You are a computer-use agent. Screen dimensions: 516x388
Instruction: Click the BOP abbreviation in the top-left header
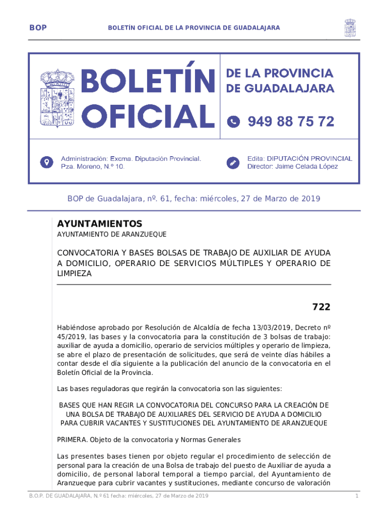(38, 28)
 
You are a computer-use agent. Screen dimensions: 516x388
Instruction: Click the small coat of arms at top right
(350, 28)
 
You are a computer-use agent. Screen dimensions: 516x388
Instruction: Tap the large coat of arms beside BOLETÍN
(57, 98)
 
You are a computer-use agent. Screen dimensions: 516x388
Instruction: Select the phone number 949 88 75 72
(291, 121)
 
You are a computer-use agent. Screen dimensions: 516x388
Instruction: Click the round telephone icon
(233, 121)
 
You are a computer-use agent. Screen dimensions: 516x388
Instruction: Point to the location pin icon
(47, 162)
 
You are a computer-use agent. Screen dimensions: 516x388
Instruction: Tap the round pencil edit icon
(233, 162)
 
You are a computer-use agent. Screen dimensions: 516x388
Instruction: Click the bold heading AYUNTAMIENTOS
(99, 224)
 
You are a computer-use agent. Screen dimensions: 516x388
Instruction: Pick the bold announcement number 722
(321, 307)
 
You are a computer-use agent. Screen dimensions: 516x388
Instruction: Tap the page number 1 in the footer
(356, 497)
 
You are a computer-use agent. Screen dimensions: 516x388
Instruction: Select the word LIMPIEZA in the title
(75, 273)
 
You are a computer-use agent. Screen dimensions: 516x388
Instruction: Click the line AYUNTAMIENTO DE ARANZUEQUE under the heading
(111, 234)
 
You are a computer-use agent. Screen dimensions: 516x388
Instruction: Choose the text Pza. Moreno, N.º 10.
(93, 166)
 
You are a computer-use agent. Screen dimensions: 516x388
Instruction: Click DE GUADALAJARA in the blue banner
(280, 88)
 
